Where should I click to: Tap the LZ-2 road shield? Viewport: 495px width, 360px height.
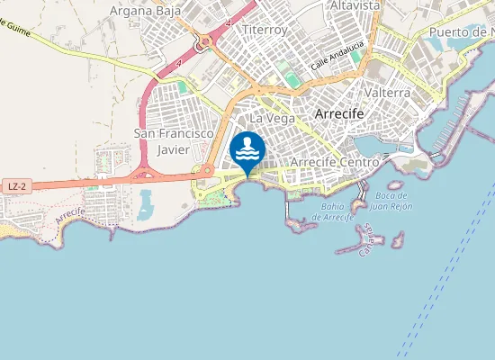point(14,186)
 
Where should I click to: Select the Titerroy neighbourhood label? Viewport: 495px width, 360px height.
point(264,30)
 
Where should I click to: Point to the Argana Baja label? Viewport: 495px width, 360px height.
point(140,12)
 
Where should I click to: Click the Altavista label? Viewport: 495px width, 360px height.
point(355,5)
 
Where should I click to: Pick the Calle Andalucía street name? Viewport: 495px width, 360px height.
point(337,56)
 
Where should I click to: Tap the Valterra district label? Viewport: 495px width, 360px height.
point(389,93)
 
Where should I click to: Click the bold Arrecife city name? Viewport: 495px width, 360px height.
point(339,114)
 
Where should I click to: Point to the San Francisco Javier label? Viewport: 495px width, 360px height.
point(173,141)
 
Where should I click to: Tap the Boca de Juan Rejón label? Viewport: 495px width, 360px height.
point(392,201)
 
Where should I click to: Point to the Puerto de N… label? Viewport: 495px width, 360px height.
point(461,32)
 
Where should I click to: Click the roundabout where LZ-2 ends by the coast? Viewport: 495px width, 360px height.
point(207,170)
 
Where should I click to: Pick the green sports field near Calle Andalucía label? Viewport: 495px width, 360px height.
point(286,71)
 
